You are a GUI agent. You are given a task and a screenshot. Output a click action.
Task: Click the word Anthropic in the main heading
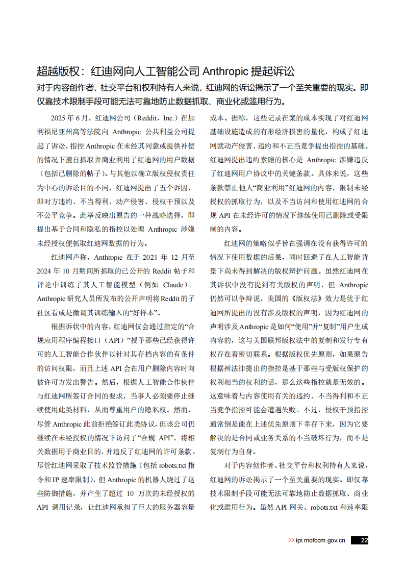coord(227,71)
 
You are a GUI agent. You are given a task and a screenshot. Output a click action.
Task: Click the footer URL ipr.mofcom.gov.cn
coord(320,540)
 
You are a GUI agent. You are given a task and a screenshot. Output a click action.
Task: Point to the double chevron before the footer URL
coord(291,540)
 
